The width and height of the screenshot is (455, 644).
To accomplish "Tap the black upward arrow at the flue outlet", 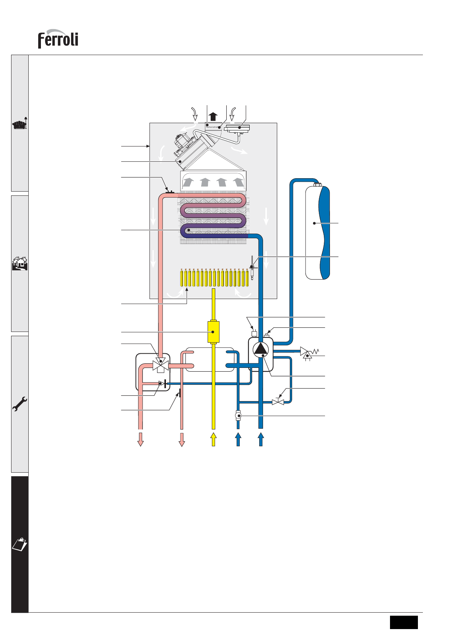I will point(213,116).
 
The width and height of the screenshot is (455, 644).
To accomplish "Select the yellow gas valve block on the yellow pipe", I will point(213,332).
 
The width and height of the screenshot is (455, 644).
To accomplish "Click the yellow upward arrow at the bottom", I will point(213,439).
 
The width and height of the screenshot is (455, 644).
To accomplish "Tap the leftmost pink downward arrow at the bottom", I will point(141,439).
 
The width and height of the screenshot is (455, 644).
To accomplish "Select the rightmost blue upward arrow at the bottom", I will point(261,439).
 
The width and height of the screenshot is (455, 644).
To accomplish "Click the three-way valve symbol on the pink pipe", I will point(161,365).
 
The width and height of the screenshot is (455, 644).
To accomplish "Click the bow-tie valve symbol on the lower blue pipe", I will point(278,402).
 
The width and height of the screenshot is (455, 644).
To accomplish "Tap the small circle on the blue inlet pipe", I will point(238,415).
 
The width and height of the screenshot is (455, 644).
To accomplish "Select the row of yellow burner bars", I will point(216,278).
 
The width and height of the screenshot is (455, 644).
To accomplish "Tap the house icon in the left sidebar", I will point(20,263).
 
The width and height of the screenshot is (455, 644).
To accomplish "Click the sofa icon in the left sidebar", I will point(20,124).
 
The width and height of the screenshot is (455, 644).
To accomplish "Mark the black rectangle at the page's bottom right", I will point(404,622).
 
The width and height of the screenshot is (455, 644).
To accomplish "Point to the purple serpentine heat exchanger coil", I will point(213,216).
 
